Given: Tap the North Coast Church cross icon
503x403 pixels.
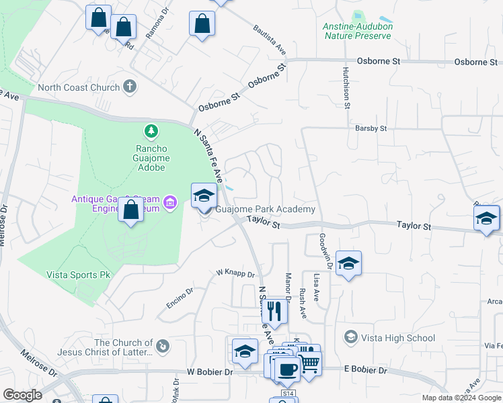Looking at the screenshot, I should click(130, 87).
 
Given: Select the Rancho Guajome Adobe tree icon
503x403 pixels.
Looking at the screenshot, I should click(153, 130).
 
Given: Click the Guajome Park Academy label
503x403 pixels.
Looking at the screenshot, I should click(265, 210).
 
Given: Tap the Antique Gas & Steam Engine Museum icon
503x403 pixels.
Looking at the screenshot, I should click(170, 201).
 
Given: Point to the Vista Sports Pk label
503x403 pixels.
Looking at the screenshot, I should click(77, 274).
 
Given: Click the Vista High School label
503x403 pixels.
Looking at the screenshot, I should click(398, 338).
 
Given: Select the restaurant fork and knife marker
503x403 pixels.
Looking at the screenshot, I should click(274, 311).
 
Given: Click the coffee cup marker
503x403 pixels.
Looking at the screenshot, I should click(287, 369).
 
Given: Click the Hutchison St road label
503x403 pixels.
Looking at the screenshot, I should click(347, 87).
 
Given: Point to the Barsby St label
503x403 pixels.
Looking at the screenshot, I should click(371, 128).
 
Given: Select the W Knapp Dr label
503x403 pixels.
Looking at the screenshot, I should click(235, 274).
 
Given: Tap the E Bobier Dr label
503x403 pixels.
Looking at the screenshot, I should click(366, 370).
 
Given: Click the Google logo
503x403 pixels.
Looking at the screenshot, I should click(22, 394).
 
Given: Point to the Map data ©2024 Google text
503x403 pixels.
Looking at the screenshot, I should click(461, 398).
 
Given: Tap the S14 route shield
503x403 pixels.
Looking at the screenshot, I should click(288, 393).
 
